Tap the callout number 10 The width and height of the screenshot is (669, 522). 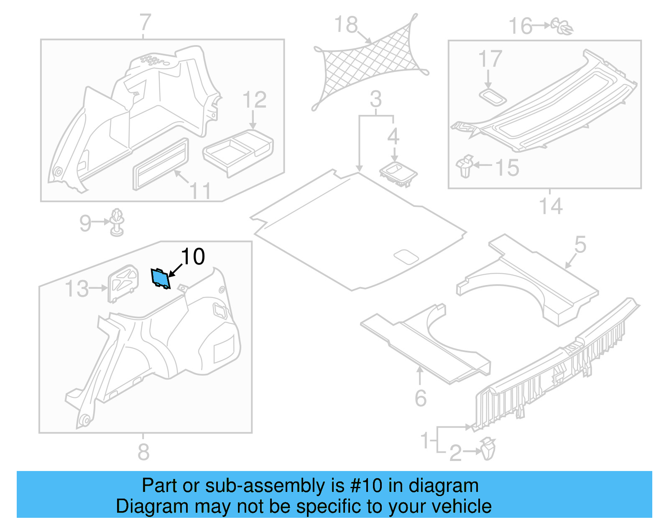[x=193, y=257]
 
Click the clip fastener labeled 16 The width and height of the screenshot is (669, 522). [x=562, y=26]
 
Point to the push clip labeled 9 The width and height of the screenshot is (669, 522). [x=117, y=222]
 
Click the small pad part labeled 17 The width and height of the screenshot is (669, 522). [x=493, y=97]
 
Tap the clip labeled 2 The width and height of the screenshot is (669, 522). [x=488, y=448]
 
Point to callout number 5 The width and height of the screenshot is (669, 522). [x=580, y=244]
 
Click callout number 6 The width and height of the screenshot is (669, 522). [x=421, y=398]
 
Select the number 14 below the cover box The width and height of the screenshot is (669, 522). [x=551, y=206]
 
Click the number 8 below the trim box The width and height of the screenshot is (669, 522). [x=143, y=452]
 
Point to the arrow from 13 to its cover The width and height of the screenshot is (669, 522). [x=99, y=288]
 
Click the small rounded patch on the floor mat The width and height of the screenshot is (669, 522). [x=406, y=257]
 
